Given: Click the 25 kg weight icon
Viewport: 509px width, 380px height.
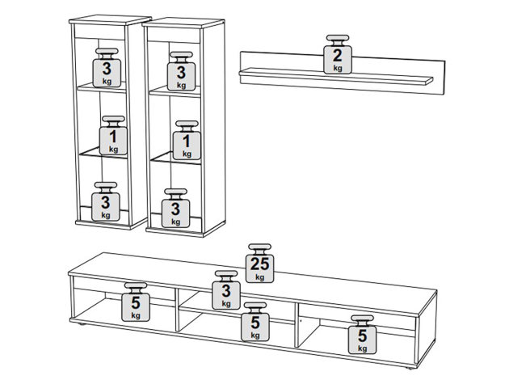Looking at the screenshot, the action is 259,263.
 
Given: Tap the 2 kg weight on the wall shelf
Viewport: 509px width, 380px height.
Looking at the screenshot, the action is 338,54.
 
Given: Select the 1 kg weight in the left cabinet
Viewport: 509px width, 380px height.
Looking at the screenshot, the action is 113,135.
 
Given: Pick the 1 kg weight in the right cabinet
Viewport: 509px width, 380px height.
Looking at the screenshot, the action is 187,141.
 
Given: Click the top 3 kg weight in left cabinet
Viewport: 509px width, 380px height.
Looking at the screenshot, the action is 107,68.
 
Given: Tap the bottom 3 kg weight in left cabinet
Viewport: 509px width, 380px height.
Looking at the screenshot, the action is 106,201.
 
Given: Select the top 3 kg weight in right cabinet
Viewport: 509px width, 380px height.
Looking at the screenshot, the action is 181,71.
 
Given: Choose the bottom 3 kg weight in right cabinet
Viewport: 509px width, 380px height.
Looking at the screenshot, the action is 175,208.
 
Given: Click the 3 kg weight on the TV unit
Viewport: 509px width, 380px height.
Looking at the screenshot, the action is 226,290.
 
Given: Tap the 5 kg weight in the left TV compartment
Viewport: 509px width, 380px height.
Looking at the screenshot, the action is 136,302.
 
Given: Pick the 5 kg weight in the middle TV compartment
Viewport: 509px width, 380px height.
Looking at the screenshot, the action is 254,322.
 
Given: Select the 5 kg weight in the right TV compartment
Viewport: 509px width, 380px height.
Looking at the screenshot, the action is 362,335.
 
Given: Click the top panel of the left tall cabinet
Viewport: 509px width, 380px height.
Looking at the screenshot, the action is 111,20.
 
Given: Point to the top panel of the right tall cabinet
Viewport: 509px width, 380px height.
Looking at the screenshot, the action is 183,23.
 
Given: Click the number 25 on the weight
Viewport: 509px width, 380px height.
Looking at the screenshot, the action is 259,264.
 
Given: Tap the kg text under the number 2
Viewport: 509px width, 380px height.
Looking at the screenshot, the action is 338,68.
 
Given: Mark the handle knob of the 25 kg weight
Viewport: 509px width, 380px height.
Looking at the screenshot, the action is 259,247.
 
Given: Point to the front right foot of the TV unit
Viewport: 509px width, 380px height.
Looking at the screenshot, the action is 408,369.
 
